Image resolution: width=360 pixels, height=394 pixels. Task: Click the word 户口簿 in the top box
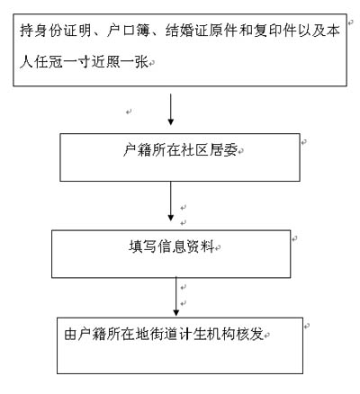click(x=129, y=31)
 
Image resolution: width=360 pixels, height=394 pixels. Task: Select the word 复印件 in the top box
click(x=275, y=31)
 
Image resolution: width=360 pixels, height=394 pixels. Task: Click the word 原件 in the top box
click(x=224, y=31)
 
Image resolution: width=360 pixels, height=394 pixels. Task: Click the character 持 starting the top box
click(x=27, y=31)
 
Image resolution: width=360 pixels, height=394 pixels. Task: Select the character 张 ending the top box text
click(x=142, y=62)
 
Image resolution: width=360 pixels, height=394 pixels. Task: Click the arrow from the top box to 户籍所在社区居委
click(x=171, y=109)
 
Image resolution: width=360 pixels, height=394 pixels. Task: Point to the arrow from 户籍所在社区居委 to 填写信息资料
click(x=171, y=201)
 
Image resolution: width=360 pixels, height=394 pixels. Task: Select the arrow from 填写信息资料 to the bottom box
click(x=176, y=296)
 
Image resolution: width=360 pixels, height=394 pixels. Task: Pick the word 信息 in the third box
click(x=172, y=246)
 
